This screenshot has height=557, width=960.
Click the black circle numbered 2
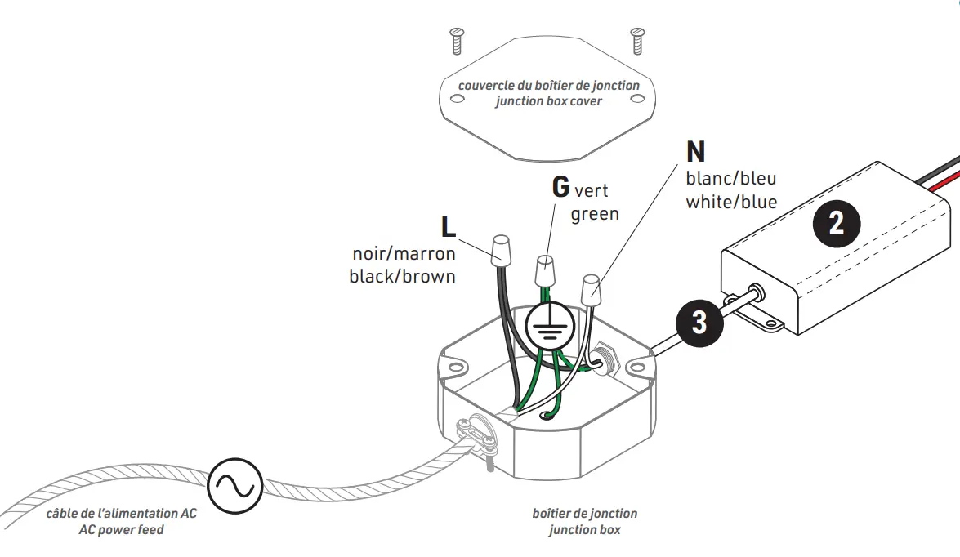click(837, 222)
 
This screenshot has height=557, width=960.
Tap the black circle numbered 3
click(699, 322)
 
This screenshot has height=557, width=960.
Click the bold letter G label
click(560, 186)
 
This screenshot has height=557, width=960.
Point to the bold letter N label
click(695, 152)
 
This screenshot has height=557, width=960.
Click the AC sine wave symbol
click(234, 485)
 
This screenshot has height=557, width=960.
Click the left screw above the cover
click(457, 39)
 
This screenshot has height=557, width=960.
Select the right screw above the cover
click(636, 39)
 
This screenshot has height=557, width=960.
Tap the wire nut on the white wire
click(590, 289)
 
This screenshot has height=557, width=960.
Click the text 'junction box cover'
click(548, 101)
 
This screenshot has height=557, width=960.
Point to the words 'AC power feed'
click(121, 529)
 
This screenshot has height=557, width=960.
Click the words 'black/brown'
click(402, 276)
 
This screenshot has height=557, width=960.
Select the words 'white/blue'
click(731, 202)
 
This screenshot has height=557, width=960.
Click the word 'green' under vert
click(595, 214)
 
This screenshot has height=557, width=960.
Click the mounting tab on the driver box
click(766, 323)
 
